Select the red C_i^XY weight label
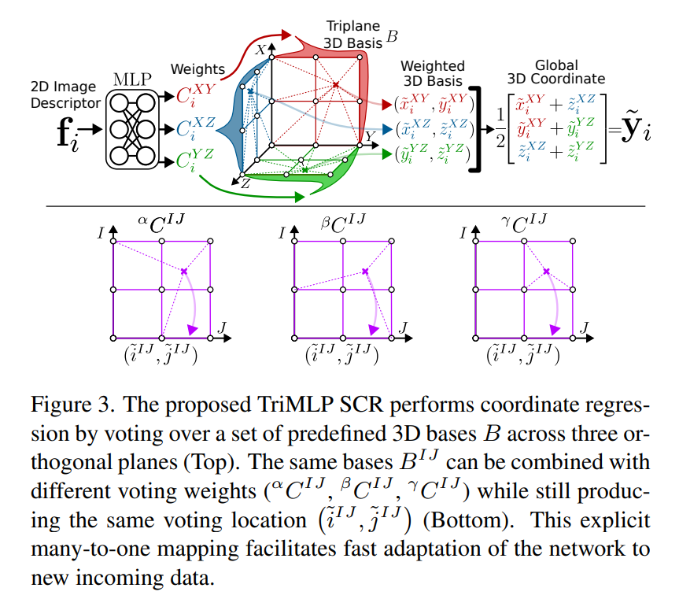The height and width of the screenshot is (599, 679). [x=196, y=96]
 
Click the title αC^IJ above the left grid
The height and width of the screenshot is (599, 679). [x=163, y=223]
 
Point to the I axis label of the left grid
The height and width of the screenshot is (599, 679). [x=101, y=232]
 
